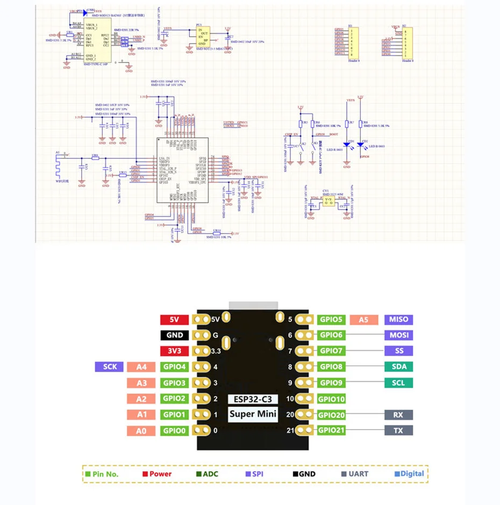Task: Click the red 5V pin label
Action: [174, 319]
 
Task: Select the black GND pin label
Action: [174, 335]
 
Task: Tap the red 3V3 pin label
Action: [174, 351]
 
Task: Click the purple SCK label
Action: [110, 367]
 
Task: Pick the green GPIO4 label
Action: [175, 367]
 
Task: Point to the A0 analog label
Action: [141, 430]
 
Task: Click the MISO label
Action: [399, 319]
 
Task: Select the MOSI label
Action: [399, 335]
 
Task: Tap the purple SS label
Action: [399, 351]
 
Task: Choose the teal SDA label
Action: [399, 367]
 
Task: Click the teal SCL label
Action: [399, 383]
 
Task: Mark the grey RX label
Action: [399, 415]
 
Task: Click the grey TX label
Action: [399, 430]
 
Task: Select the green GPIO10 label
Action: [331, 399]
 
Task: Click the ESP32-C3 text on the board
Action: [253, 399]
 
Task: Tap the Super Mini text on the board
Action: [253, 413]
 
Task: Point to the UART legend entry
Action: [359, 474]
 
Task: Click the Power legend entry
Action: [157, 474]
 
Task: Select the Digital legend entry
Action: [409, 474]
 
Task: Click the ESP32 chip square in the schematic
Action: [181, 170]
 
